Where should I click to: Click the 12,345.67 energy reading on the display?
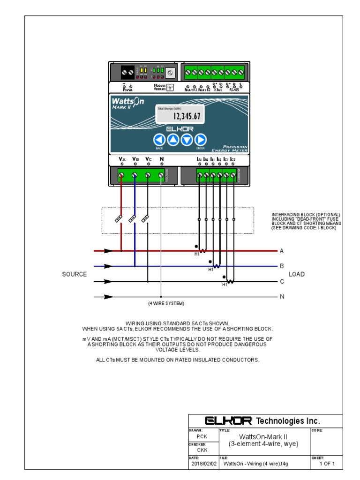click(187, 116)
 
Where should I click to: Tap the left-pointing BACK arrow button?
click(159, 140)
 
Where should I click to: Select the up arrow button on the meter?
click(173, 140)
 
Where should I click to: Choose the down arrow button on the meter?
click(187, 140)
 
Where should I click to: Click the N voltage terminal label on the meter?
click(162, 159)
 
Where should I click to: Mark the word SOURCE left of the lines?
click(74, 274)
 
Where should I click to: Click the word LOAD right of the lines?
click(296, 274)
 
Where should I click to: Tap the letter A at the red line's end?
click(282, 251)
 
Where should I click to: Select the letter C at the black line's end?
click(282, 282)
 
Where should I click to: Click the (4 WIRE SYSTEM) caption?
click(166, 304)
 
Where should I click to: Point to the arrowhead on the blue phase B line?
click(109, 266)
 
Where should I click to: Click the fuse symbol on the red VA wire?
click(120, 219)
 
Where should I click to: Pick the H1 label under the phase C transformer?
click(225, 285)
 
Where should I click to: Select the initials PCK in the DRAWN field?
click(202, 436)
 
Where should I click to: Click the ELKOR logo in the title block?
click(228, 420)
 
